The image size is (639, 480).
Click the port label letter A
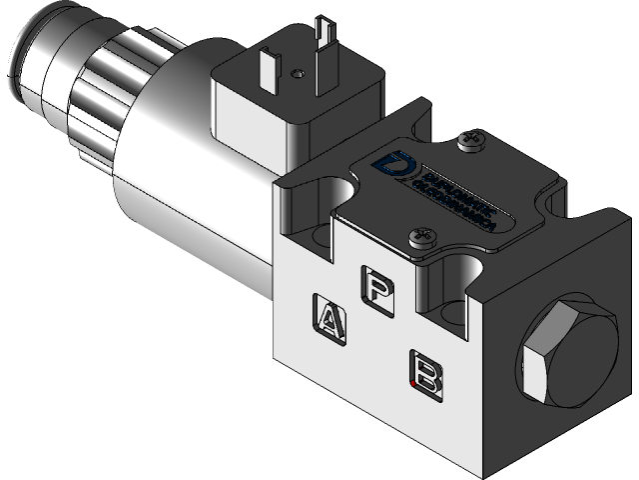(x=330, y=317)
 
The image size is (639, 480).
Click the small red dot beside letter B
(x=413, y=382)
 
